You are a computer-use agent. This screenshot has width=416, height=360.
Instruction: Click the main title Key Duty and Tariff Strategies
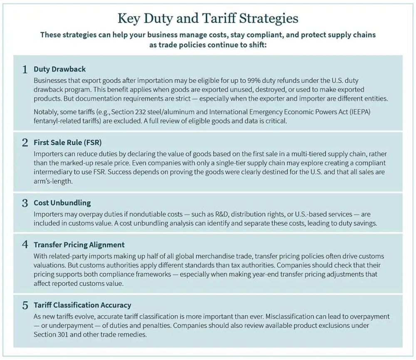pos(208,18)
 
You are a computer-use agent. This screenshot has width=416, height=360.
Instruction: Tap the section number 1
pos(25,70)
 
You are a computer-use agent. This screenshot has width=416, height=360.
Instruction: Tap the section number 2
pos(25,143)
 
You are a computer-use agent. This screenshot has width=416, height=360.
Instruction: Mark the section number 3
pos(25,203)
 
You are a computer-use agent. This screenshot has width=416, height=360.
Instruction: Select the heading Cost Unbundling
pos(62,203)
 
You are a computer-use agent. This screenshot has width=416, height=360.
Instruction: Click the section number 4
pos(25,245)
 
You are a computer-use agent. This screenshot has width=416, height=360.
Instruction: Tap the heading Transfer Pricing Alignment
pos(79,245)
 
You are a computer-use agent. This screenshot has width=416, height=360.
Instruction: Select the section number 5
pos(25,306)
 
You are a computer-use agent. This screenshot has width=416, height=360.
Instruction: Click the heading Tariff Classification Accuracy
pos(82,305)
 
